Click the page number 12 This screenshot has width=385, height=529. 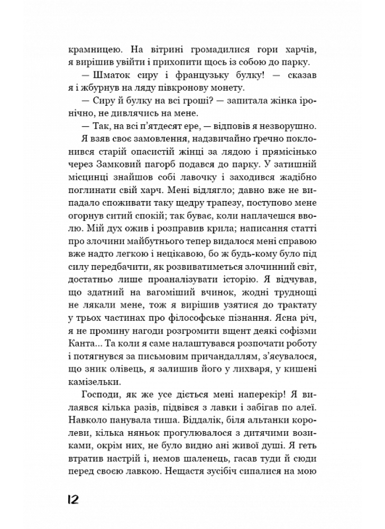(78, 500)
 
